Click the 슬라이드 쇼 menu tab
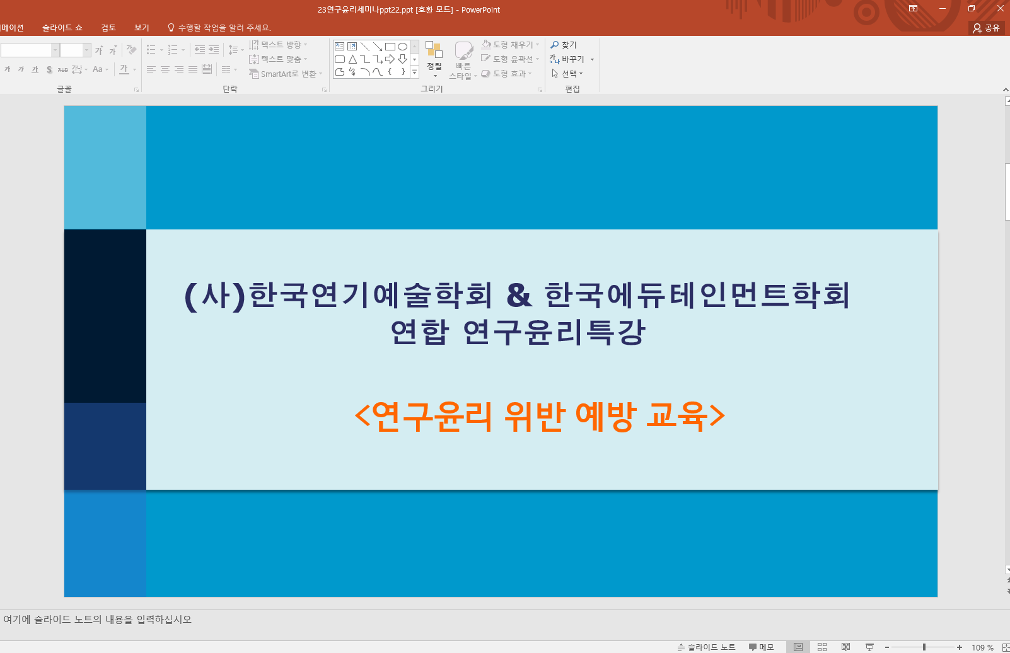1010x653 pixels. point(62,28)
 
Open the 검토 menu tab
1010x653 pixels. point(108,28)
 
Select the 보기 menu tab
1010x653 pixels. point(142,28)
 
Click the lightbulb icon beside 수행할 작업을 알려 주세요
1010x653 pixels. point(171,28)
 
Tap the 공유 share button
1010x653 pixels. point(986,28)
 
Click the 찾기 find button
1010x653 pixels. point(564,45)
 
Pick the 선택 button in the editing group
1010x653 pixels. point(567,74)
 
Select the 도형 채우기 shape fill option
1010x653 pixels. point(510,45)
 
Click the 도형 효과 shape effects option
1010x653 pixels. point(506,74)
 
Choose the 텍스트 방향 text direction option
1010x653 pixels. point(278,45)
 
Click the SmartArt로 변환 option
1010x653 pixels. point(286,74)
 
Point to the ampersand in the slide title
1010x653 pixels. point(519,295)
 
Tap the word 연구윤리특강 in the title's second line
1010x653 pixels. point(554,332)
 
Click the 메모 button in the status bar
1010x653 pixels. point(761,647)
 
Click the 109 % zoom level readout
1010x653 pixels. point(982,647)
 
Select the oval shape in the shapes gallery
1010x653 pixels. point(403,47)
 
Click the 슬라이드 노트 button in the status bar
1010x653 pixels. point(706,647)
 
